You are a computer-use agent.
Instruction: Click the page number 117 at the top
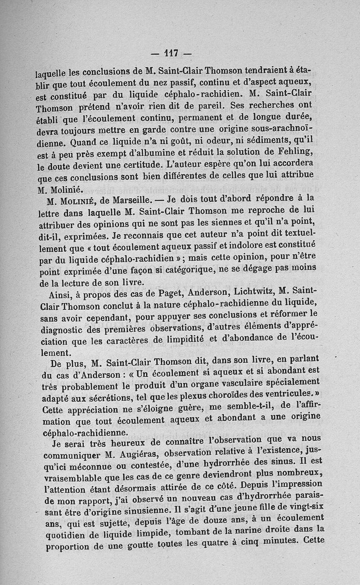(x=171, y=53)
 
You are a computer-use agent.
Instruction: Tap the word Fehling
(x=291, y=150)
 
